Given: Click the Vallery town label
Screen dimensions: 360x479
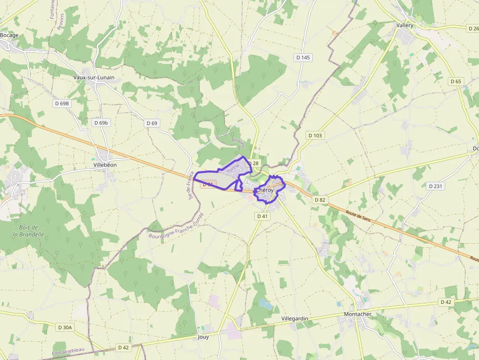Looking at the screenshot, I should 405,25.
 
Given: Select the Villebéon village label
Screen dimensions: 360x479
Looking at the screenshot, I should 105,165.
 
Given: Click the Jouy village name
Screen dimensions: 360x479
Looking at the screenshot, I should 203,337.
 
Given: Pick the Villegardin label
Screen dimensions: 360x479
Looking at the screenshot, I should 295,318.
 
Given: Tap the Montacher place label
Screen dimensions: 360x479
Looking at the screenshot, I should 358,314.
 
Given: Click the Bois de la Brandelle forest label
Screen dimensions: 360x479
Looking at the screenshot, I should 28,231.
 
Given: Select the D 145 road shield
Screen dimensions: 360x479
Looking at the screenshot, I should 303,58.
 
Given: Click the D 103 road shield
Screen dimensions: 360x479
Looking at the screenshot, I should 315,135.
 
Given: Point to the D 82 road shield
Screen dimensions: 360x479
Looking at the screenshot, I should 320,200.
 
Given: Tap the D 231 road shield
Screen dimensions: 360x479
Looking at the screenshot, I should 435,186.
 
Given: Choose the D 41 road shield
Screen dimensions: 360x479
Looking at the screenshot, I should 262,216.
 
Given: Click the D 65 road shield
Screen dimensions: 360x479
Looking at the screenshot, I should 456,82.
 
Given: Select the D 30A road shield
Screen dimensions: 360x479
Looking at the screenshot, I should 64,327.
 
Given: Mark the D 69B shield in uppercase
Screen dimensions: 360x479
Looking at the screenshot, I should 62,104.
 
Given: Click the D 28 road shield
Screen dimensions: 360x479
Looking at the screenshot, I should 253,163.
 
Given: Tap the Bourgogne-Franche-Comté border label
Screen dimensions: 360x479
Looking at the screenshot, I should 175,229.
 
